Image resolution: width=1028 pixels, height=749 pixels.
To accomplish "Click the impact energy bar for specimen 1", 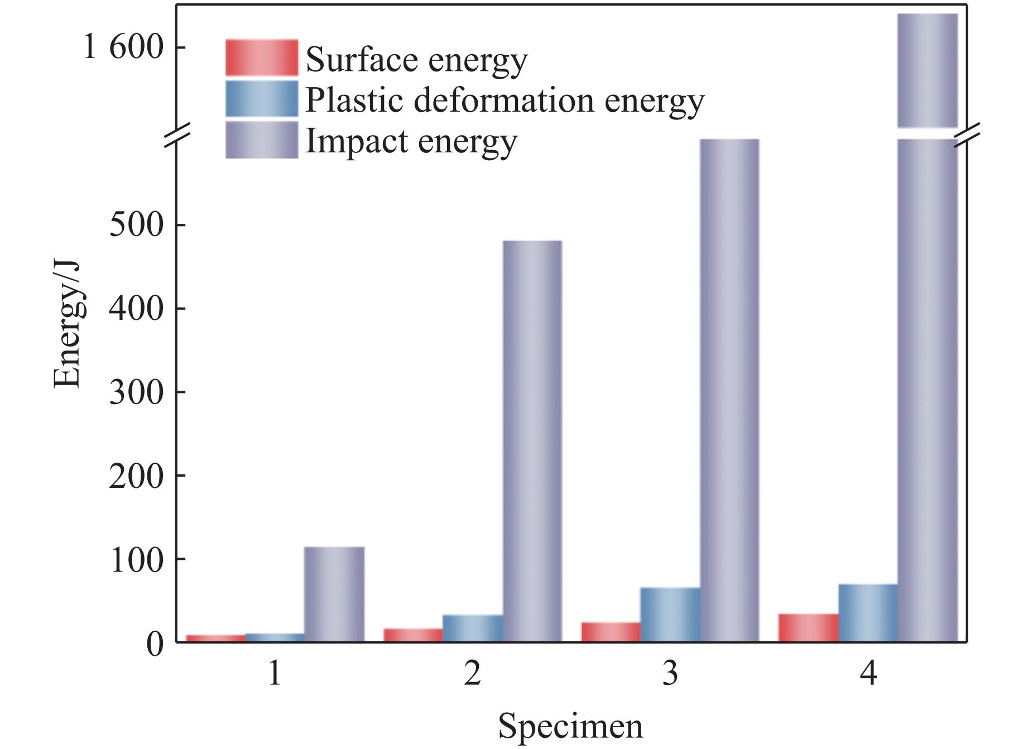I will [334, 594].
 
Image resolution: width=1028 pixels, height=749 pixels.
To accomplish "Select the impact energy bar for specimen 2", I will [532, 441].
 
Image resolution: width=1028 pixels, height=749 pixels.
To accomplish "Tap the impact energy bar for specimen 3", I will [729, 391].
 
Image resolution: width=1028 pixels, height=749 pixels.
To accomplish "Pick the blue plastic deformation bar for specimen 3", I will [670, 614].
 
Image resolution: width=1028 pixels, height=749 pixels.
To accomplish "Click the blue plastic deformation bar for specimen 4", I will [868, 613].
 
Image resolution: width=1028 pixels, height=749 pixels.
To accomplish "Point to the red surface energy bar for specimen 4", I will [808, 628].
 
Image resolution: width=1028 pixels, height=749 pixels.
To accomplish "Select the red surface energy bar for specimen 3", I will [611, 632].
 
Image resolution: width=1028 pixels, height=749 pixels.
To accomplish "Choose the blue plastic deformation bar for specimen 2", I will [472, 628].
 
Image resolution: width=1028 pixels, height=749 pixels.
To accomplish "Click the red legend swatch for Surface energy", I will [261, 57].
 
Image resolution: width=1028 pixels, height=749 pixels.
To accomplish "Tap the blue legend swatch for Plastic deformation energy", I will [261, 99].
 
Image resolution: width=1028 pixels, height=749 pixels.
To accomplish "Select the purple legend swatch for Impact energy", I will [261, 140].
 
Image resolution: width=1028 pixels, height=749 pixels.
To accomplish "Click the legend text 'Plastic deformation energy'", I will [505, 100].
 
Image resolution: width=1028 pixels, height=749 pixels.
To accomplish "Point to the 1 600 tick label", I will [123, 47].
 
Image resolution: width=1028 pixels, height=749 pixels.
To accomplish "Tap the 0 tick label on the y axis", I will [155, 644].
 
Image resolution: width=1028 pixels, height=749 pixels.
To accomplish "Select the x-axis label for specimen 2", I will [472, 674].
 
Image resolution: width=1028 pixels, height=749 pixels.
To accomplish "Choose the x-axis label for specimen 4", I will [868, 674].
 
